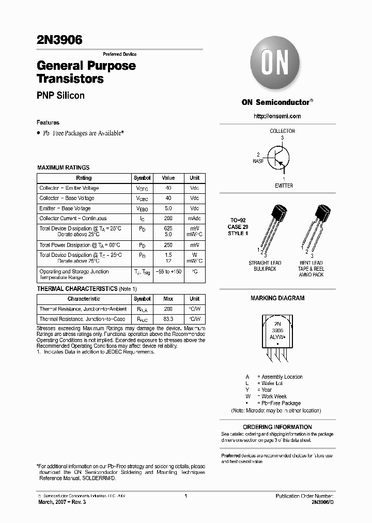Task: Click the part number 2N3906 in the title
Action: pyautogui.click(x=59, y=40)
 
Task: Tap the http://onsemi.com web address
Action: pyautogui.click(x=277, y=116)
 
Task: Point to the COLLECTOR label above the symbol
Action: pyautogui.click(x=282, y=131)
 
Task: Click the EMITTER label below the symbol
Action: pyautogui.click(x=283, y=186)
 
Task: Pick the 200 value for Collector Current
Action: pyautogui.click(x=168, y=219)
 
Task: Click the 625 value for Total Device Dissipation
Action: pyautogui.click(x=168, y=228)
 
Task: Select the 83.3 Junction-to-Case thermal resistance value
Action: pyautogui.click(x=168, y=319)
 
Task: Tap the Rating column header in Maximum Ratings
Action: pyautogui.click(x=84, y=178)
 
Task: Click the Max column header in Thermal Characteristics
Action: pyautogui.click(x=168, y=299)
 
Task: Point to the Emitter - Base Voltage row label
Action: pyautogui.click(x=65, y=208)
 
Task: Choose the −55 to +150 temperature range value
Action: pyautogui.click(x=168, y=271)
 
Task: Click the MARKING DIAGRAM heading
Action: pyautogui.click(x=277, y=298)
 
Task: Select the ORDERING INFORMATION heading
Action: pyautogui.click(x=277, y=427)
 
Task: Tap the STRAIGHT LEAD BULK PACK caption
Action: pyautogui.click(x=265, y=266)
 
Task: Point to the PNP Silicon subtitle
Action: pyautogui.click(x=60, y=96)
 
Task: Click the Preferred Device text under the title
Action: pyautogui.click(x=119, y=54)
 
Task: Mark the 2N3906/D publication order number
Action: pyautogui.click(x=322, y=502)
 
